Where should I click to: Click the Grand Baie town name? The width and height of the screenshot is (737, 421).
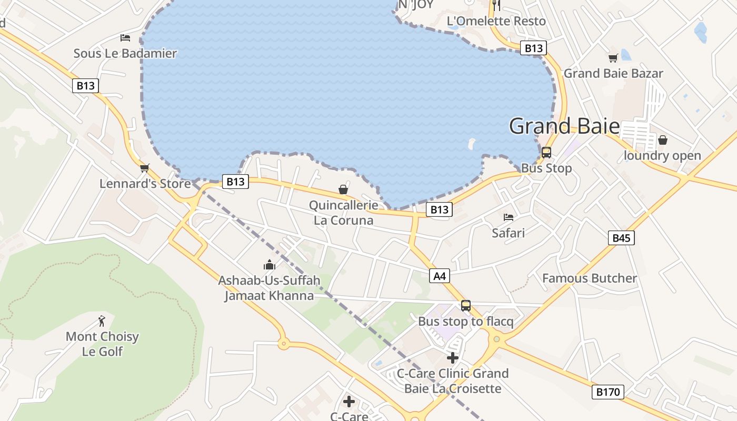564,126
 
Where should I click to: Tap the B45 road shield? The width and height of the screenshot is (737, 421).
621,238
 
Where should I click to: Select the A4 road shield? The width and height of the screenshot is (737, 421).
440,276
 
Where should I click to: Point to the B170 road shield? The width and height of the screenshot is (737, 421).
607,392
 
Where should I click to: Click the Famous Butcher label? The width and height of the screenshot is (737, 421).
590,278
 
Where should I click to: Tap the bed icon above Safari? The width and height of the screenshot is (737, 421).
508,217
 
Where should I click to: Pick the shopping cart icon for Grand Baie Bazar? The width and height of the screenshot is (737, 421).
613,58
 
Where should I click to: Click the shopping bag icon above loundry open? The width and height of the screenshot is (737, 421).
662,140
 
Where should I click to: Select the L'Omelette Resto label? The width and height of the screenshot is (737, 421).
496,22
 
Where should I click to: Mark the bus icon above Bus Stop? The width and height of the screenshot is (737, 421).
546,153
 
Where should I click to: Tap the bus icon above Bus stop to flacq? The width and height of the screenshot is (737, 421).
465,306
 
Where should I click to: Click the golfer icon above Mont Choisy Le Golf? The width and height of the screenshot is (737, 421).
102,320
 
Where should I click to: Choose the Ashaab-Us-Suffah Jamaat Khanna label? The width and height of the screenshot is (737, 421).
269,288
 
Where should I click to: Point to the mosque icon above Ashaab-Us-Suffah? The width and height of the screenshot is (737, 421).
270,264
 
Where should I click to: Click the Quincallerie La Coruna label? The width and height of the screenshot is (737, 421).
343,213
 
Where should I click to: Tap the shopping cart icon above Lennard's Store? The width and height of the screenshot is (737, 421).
145,168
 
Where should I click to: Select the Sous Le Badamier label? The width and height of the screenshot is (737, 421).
125,53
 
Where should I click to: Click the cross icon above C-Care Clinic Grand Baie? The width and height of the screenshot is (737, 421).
452,358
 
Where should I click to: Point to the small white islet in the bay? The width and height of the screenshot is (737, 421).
471,143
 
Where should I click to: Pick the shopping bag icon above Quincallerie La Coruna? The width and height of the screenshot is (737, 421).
343,189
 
